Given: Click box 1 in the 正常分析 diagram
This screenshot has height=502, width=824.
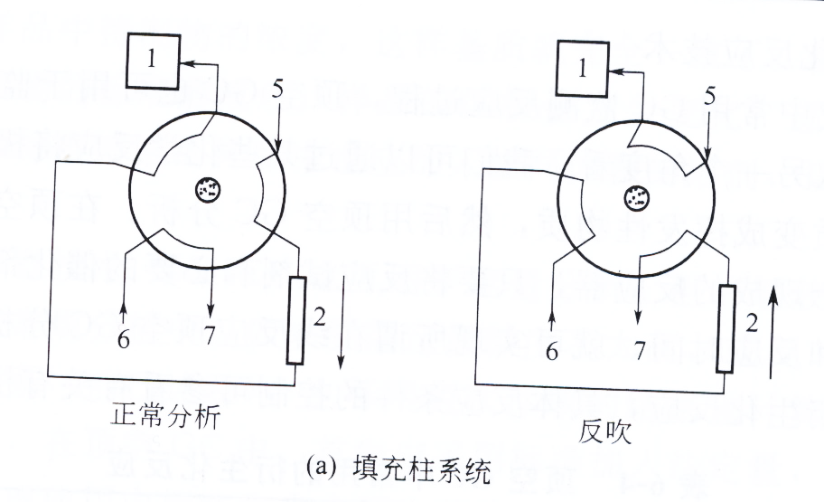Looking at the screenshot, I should tap(151, 63).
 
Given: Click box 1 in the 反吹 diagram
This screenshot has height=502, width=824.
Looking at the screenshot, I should tap(583, 69).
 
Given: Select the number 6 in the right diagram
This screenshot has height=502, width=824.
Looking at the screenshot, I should tap(551, 353).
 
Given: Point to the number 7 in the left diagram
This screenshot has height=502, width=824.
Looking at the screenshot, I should tap(211, 336).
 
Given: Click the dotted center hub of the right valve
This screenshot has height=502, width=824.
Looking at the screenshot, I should tap(638, 196).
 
